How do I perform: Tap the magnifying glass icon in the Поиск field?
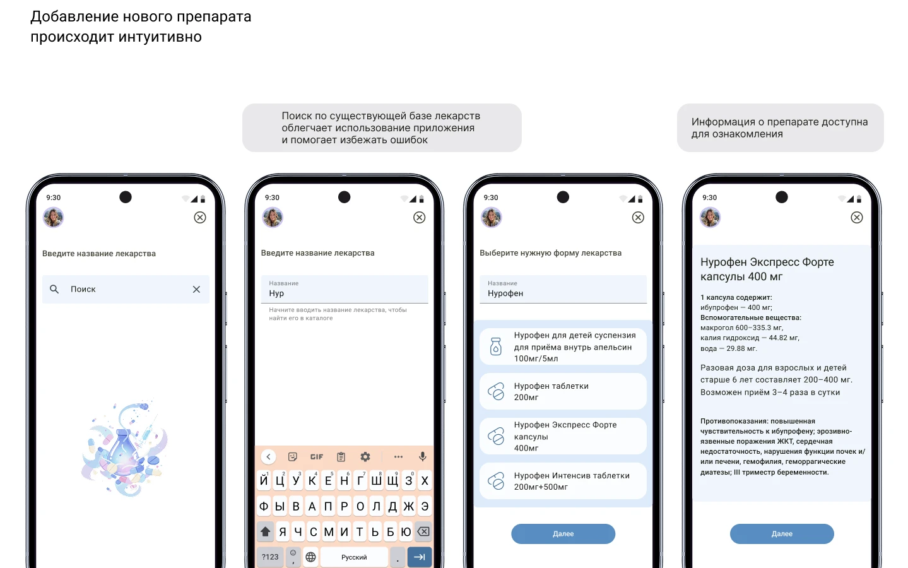pyautogui.click(x=54, y=289)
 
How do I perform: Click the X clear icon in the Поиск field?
pyautogui.click(x=196, y=289)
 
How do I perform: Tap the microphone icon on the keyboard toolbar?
pyautogui.click(x=422, y=456)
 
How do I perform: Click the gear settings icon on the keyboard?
pyautogui.click(x=365, y=456)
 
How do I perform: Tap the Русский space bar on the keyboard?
pyautogui.click(x=354, y=557)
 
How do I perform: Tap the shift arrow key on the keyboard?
pyautogui.click(x=266, y=531)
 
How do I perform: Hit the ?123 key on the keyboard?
pyautogui.click(x=270, y=557)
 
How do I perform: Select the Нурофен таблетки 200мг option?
pyautogui.click(x=563, y=391)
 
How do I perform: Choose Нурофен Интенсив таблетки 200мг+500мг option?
pyautogui.click(x=563, y=481)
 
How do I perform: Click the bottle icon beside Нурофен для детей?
pyautogui.click(x=495, y=346)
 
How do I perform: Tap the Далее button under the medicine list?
pyautogui.click(x=563, y=533)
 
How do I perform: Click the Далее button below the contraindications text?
pyautogui.click(x=782, y=533)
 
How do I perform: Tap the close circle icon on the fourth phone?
pyautogui.click(x=856, y=218)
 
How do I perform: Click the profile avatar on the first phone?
pyautogui.click(x=53, y=218)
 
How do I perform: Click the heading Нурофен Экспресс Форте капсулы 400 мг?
pyautogui.click(x=767, y=269)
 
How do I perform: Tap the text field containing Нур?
pyautogui.click(x=345, y=289)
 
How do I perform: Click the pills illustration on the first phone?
pyautogui.click(x=125, y=448)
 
